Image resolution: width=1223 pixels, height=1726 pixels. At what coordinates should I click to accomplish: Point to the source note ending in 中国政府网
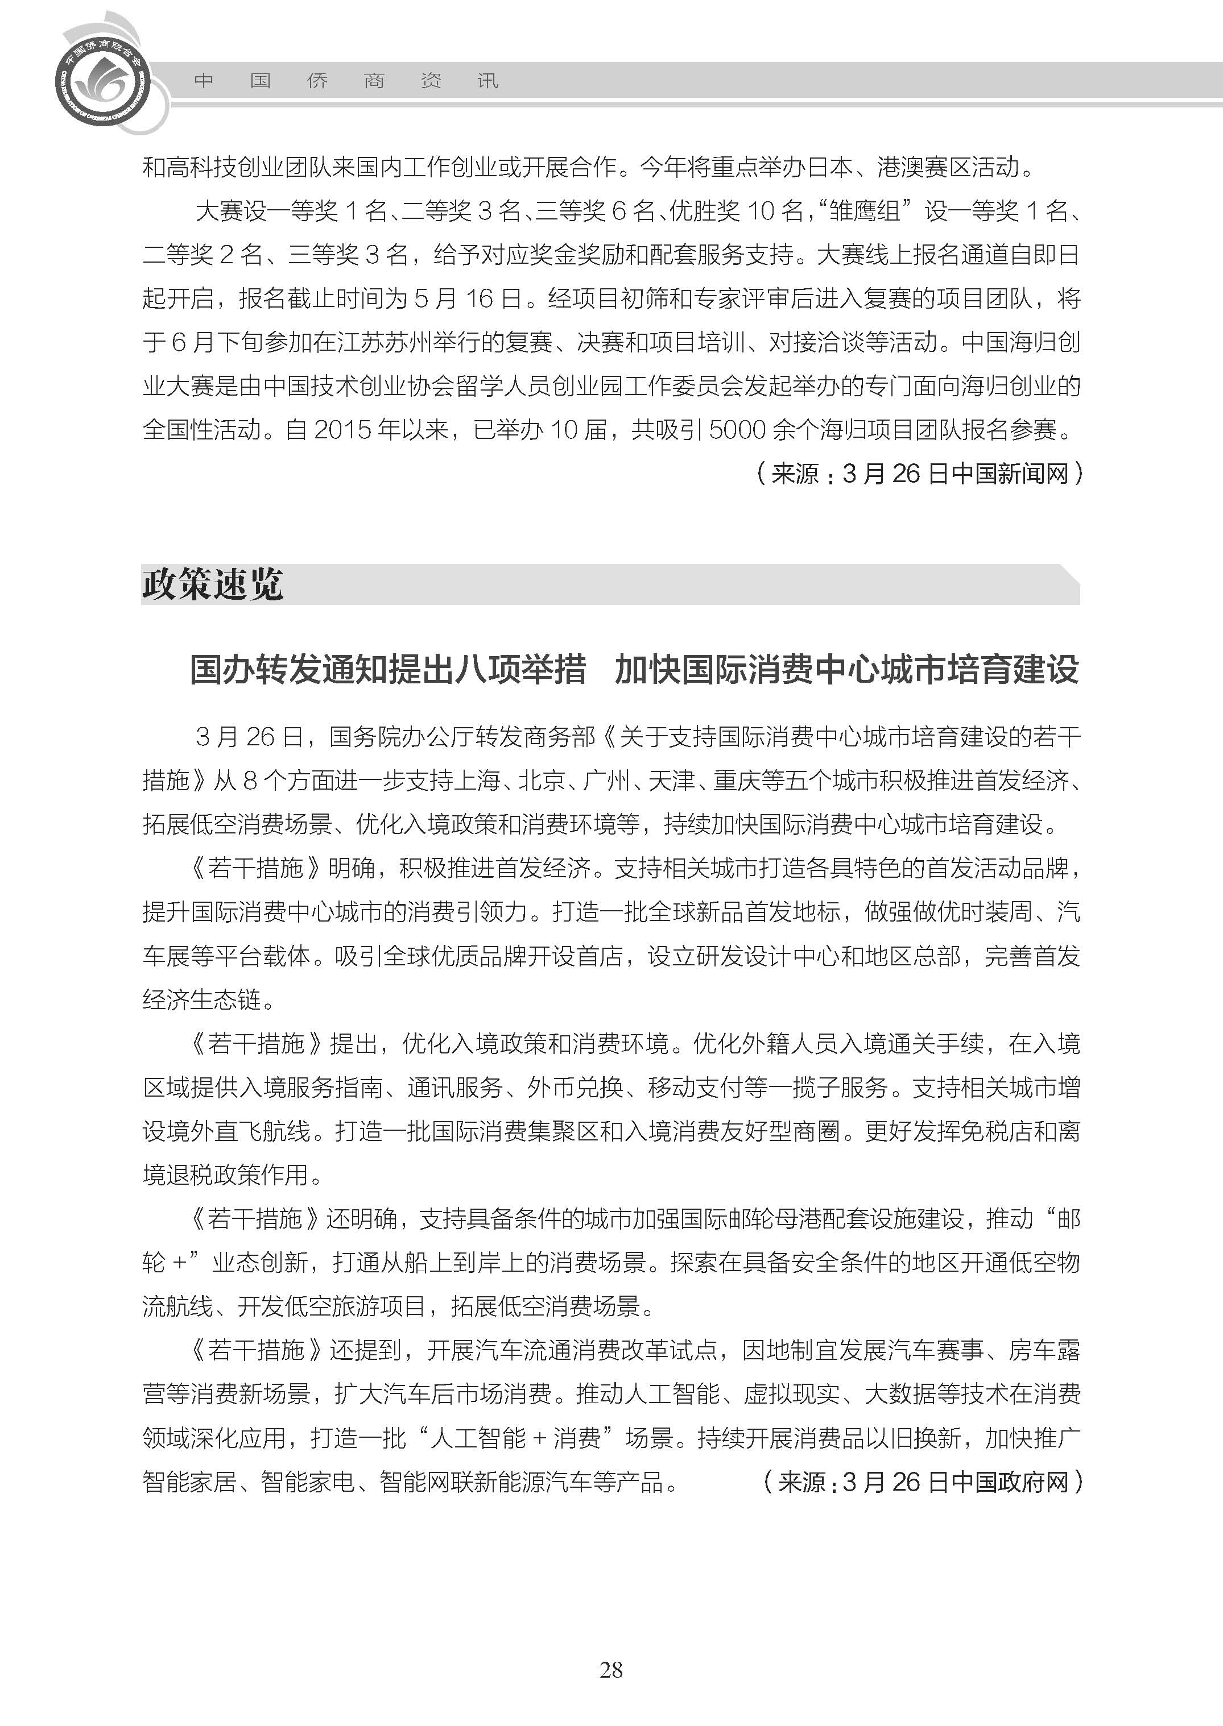click(923, 1482)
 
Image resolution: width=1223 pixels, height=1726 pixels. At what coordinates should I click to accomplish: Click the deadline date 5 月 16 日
click(468, 299)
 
